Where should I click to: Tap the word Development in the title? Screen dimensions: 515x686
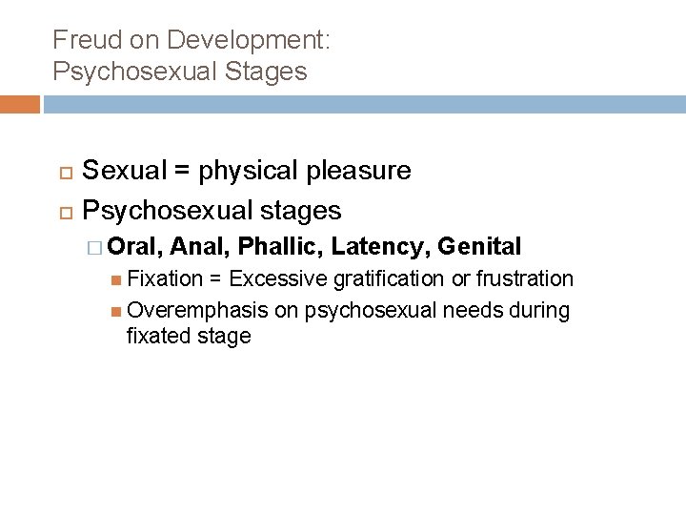click(x=248, y=40)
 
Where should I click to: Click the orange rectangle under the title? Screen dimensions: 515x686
click(x=20, y=104)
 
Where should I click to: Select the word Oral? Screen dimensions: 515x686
click(x=136, y=247)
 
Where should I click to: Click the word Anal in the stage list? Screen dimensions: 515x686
click(x=202, y=247)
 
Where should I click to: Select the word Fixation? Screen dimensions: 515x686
click(x=165, y=278)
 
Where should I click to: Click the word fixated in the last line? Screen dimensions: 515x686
click(x=155, y=336)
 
